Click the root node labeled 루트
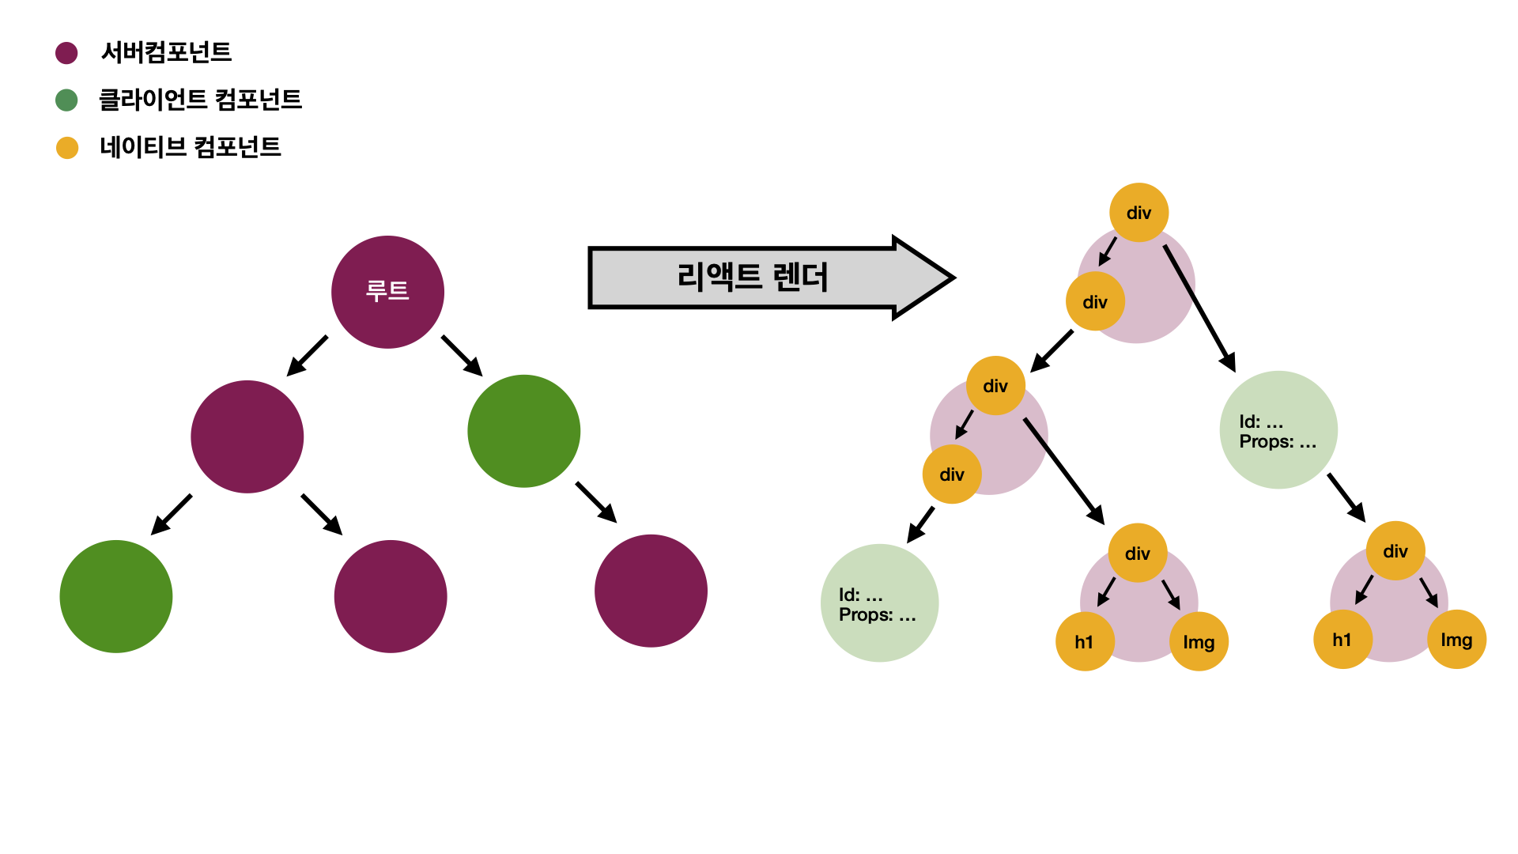click(x=387, y=292)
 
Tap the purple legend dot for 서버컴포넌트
click(x=66, y=53)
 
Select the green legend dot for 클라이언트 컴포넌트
click(x=66, y=100)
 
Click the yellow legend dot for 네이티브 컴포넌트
click(x=67, y=148)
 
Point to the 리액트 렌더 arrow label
click(x=753, y=278)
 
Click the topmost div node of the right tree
click(x=1138, y=213)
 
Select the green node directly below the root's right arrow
click(x=523, y=431)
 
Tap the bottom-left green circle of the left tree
click(x=116, y=596)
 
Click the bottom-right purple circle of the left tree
click(x=651, y=591)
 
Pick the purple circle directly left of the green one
click(x=247, y=436)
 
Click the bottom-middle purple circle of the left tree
click(x=391, y=596)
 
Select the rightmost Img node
click(x=1456, y=640)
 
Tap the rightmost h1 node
click(x=1342, y=640)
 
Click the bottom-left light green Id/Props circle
click(x=879, y=603)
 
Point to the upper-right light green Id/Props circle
click(x=1278, y=430)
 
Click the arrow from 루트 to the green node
click(x=462, y=355)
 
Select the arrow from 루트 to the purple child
click(x=308, y=355)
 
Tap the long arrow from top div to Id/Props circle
click(x=1199, y=308)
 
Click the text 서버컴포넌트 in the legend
click(x=166, y=52)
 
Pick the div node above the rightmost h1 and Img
click(x=1395, y=551)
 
